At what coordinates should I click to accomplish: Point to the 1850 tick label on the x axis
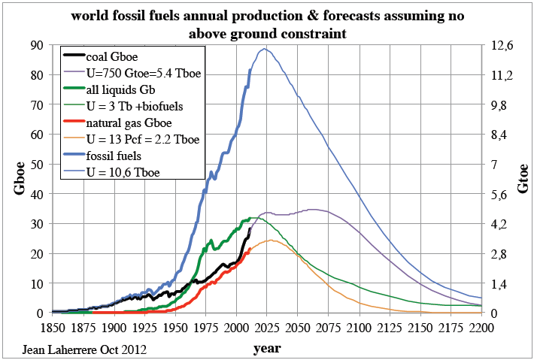52,328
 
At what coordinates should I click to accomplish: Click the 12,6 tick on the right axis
502,45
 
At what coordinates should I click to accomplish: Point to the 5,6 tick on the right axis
500,194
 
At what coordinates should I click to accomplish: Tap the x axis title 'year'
266,348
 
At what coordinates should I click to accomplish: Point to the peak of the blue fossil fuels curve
264,49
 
